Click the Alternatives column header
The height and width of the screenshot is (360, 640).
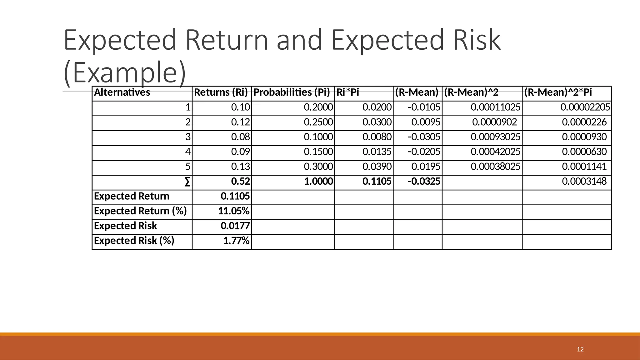122,92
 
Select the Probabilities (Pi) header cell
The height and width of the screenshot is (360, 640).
292,92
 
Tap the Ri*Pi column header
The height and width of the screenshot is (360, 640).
348,92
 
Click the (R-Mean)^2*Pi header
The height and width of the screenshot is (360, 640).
558,92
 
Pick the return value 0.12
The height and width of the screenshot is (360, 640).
240,122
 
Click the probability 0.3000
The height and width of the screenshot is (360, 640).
318,167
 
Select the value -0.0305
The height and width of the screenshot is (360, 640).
424,137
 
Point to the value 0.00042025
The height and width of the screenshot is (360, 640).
495,152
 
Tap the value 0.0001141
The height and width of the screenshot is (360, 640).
584,167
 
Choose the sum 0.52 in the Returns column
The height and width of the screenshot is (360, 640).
240,182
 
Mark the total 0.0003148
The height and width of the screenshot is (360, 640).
584,182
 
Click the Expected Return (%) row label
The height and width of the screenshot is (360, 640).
140,211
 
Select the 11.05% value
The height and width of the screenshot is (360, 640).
234,211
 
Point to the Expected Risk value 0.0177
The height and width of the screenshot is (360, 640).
235,226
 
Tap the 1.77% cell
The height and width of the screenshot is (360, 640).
236,241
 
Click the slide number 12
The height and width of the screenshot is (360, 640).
580,349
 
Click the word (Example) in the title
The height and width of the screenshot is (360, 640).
125,72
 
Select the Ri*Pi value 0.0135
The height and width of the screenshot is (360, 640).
377,152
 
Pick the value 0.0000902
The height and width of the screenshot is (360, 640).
494,122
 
